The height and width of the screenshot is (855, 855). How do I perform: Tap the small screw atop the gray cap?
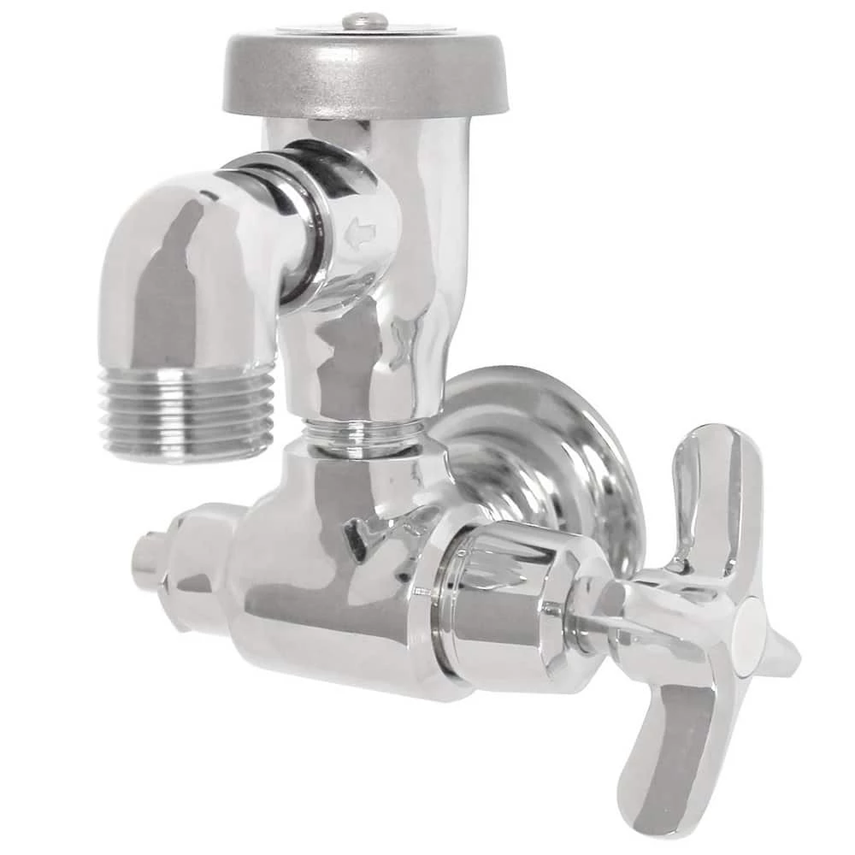pos(365,21)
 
